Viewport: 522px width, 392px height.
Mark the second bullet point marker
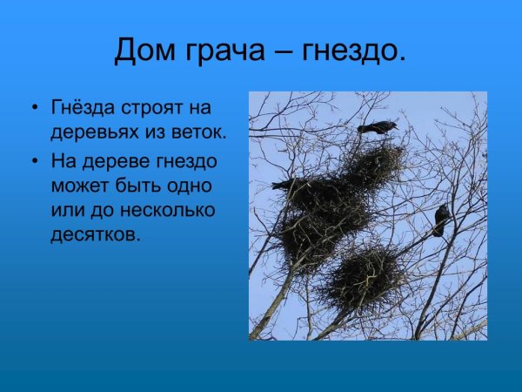(35, 162)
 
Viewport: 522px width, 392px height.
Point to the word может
(76, 186)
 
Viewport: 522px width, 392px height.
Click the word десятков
(94, 235)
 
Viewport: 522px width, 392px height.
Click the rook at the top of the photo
(377, 128)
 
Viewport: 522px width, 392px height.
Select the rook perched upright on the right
(441, 220)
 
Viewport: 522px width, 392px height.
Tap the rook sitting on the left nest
(284, 185)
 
